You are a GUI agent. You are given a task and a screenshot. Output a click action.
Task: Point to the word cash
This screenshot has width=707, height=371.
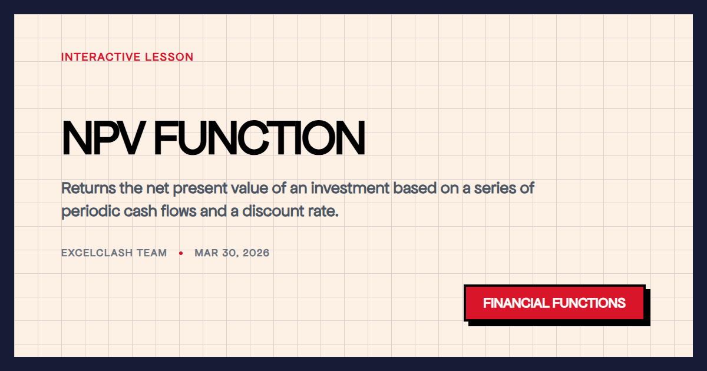(x=134, y=211)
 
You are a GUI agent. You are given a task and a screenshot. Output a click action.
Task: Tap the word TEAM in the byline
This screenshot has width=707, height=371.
(x=154, y=253)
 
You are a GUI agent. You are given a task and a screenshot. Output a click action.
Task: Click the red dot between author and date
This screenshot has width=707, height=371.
(x=181, y=253)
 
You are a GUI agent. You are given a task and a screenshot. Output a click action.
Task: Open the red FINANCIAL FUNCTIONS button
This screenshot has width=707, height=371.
(x=554, y=303)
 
